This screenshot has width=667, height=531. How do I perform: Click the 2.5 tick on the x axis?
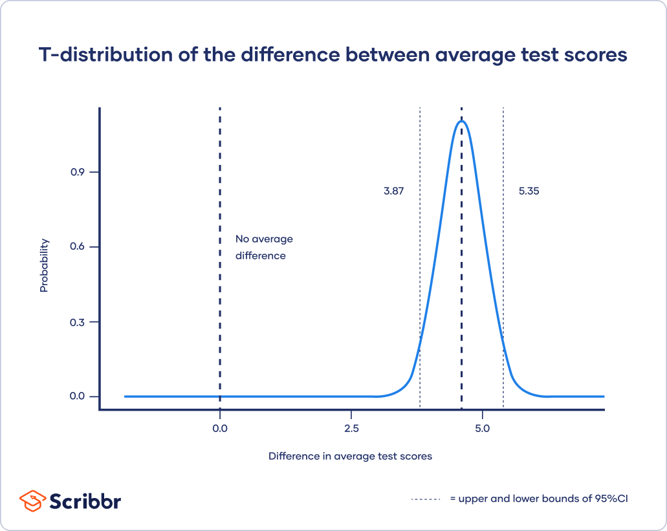pyautogui.click(x=351, y=429)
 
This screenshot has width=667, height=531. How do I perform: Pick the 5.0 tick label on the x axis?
pyautogui.click(x=483, y=429)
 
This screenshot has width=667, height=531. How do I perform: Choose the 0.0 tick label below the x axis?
pyautogui.click(x=220, y=429)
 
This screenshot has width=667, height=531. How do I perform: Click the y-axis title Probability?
pyautogui.click(x=44, y=265)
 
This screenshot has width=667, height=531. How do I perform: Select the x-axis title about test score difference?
pyautogui.click(x=350, y=456)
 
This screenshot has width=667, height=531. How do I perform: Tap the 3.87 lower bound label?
pyautogui.click(x=393, y=191)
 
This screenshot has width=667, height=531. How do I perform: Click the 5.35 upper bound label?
pyautogui.click(x=529, y=191)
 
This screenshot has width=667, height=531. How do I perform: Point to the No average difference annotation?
pyautogui.click(x=263, y=247)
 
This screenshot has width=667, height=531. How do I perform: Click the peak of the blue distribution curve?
pyautogui.click(x=461, y=121)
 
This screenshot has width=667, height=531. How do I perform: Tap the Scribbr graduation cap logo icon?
pyautogui.click(x=32, y=501)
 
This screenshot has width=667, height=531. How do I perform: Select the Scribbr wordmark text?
pyautogui.click(x=85, y=501)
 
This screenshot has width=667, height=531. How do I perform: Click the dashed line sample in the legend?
pyautogui.click(x=425, y=499)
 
